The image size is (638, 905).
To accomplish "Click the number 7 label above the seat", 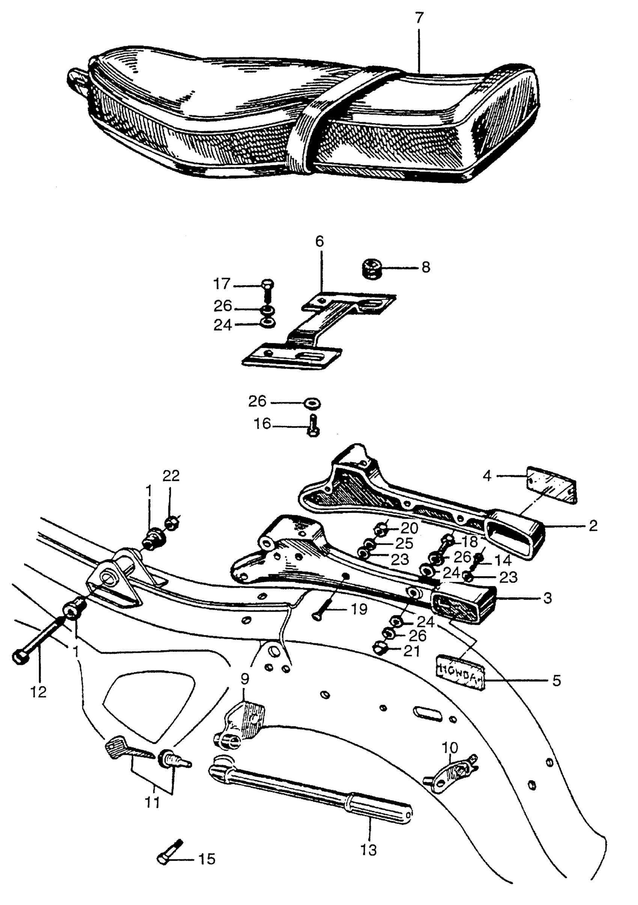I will [x=419, y=18].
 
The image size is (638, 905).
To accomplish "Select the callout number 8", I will [x=426, y=268].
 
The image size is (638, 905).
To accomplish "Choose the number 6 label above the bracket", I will [x=319, y=241].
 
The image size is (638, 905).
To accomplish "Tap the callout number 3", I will [x=547, y=598].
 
